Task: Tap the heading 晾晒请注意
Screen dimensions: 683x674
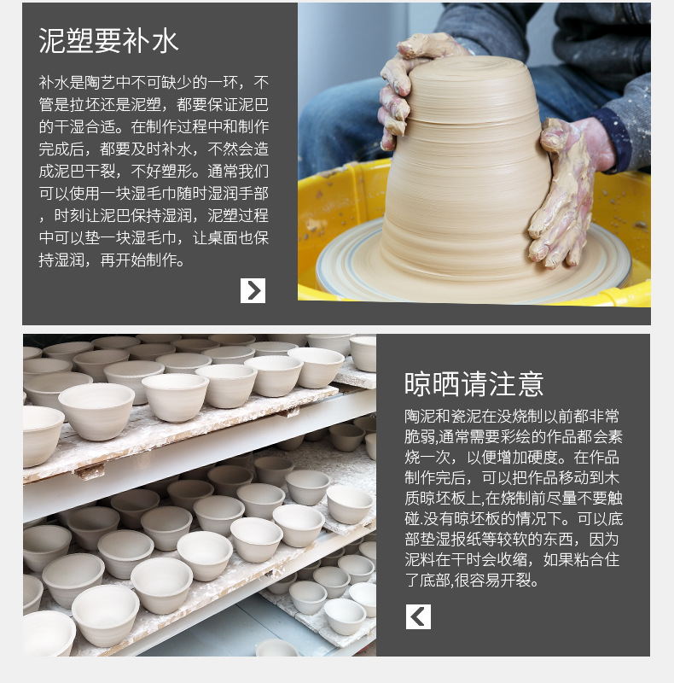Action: click(x=474, y=384)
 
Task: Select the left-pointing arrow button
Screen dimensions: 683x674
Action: click(x=418, y=616)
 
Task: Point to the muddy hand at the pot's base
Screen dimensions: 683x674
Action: click(x=567, y=184)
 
